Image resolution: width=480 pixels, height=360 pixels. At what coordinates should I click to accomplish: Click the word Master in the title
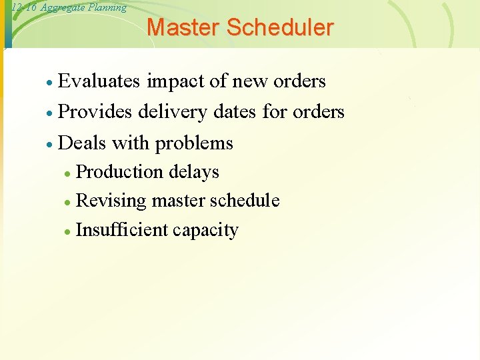[183, 27]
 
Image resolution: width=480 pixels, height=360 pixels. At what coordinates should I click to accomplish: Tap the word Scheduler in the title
[279, 27]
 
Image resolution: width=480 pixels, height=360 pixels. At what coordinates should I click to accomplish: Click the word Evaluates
[99, 81]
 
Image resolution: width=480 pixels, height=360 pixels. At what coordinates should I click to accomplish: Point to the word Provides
[95, 111]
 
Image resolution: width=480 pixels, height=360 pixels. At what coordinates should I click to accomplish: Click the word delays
[194, 172]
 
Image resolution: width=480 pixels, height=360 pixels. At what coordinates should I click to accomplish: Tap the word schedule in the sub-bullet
[244, 201]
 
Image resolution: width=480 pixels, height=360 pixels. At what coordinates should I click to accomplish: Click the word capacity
[205, 231]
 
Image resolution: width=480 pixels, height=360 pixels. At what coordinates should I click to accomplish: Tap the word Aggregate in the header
[63, 8]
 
